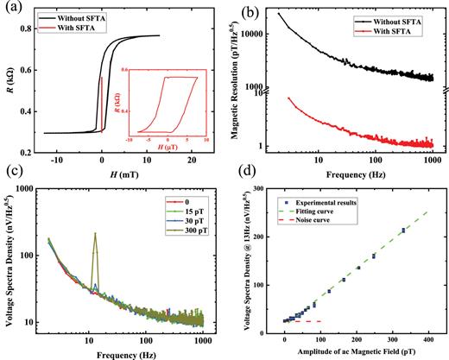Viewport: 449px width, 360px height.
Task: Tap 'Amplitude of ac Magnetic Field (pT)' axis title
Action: [x=353, y=348]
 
